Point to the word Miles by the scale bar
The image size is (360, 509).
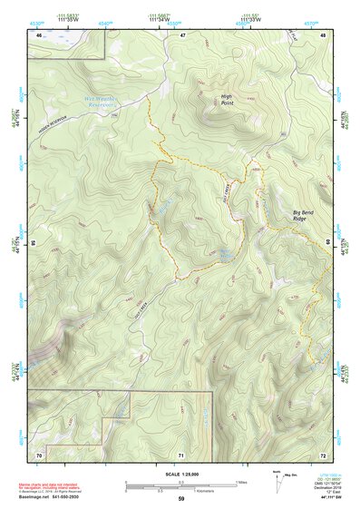[242, 482]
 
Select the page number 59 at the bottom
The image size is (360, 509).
[181, 500]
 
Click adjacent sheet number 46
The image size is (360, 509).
[38, 34]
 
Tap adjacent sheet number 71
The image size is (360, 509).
[181, 454]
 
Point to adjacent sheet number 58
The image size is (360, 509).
[32, 243]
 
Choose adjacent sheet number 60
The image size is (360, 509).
[327, 243]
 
